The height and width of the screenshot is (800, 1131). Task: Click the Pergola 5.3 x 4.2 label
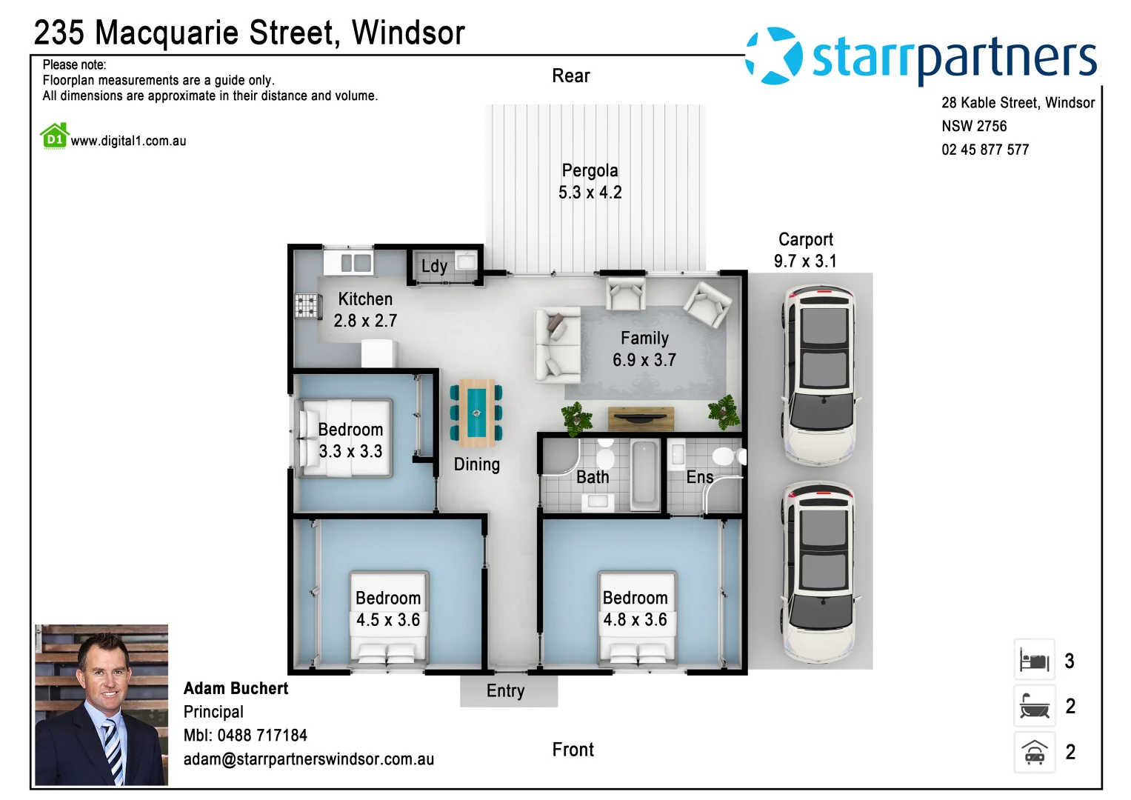point(590,181)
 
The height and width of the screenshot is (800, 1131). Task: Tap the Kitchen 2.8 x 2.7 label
point(365,310)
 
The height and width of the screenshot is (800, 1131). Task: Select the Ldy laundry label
point(434,266)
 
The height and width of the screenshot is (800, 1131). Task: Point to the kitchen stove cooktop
point(307,306)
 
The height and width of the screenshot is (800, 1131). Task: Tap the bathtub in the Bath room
point(644,474)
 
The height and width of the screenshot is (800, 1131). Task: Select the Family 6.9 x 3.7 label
point(644,349)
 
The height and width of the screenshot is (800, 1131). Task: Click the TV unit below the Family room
point(641,419)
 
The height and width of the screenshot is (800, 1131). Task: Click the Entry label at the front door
point(506,691)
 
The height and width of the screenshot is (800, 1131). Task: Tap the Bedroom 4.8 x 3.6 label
point(635,609)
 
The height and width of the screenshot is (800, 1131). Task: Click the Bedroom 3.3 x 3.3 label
point(350,441)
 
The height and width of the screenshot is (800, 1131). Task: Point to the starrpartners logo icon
point(774,56)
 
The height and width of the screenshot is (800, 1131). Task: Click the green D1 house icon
point(55,136)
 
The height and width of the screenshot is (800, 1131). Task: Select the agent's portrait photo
point(101,704)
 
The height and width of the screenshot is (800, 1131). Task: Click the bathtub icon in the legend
point(1034,707)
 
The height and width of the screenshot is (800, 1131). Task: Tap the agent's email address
point(309,759)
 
